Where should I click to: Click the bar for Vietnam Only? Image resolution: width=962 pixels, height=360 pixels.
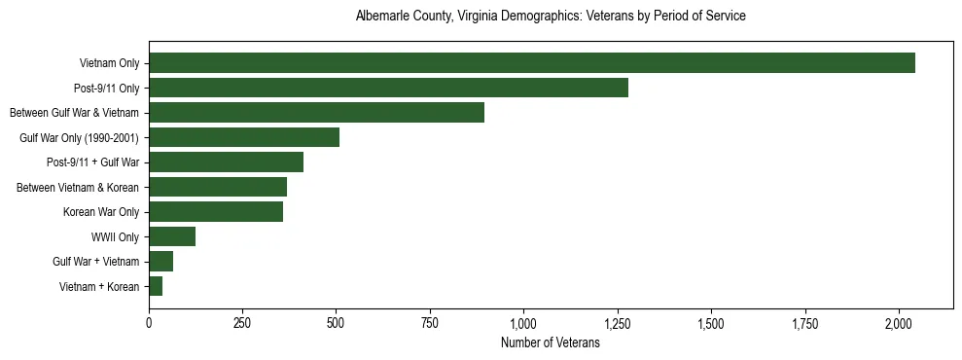(x=531, y=63)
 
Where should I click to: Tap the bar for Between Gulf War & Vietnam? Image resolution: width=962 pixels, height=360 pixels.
(x=316, y=113)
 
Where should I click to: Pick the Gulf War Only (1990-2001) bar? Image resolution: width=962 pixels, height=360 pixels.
(x=244, y=137)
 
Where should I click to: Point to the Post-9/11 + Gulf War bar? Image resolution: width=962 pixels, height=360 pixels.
(x=226, y=162)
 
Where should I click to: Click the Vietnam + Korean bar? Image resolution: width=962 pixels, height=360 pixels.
(x=156, y=286)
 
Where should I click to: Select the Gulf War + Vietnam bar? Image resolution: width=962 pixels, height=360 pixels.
(x=160, y=261)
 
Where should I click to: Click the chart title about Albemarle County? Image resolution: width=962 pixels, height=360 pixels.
(x=551, y=17)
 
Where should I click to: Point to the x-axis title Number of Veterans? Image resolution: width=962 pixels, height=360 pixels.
(x=551, y=342)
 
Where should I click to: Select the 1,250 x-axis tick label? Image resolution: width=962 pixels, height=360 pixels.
(x=618, y=322)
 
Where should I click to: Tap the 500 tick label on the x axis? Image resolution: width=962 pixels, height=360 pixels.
(x=337, y=322)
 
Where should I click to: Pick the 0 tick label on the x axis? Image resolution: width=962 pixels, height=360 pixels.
(x=149, y=322)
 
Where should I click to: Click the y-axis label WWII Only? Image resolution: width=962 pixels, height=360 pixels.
(x=115, y=236)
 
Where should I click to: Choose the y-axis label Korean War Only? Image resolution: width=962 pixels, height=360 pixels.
(x=101, y=211)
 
